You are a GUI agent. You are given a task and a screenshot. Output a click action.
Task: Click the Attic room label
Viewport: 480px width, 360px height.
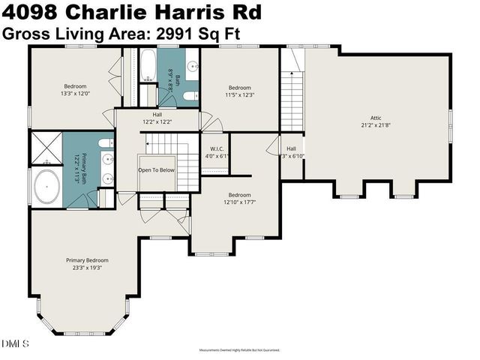click(376, 117)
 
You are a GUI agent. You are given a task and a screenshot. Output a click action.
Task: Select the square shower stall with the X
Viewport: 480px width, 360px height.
click(46, 146)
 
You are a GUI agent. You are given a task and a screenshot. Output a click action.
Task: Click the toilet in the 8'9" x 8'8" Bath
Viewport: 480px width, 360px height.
click(189, 95)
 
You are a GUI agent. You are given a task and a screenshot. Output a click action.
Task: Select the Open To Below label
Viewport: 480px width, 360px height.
click(156, 170)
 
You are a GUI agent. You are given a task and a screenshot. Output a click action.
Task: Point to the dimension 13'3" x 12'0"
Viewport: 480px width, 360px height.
click(75, 94)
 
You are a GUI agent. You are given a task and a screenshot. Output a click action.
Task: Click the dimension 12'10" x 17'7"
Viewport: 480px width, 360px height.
click(239, 202)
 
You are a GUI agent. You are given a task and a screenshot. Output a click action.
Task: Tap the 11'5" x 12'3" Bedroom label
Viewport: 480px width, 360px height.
click(240, 91)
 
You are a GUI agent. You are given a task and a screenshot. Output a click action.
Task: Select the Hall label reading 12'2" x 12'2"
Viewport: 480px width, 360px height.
click(157, 118)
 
